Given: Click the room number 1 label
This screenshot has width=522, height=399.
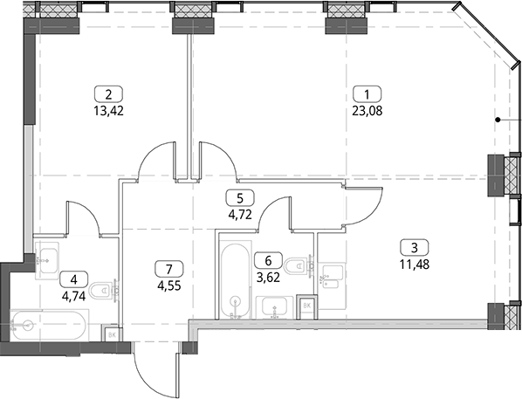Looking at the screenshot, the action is point(367,94).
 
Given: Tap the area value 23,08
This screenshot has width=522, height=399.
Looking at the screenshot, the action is point(367,110).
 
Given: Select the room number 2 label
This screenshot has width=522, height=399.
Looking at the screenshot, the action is point(108,94).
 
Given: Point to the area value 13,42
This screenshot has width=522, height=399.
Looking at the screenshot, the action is point(108,110).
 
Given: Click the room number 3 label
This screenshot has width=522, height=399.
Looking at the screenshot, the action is point(415,248).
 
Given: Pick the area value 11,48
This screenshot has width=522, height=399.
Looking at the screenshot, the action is point(415,265).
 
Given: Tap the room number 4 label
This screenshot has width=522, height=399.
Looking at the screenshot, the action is point(74,279).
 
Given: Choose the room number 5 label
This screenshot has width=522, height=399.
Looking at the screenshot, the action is point(240,198).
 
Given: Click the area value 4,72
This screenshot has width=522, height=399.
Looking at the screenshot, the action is point(240,214).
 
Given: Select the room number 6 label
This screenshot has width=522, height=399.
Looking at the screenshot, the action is point(268,260).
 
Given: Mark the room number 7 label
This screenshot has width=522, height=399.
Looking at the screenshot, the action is point(169,268).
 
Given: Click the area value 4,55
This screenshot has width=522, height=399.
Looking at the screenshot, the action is point(169,285).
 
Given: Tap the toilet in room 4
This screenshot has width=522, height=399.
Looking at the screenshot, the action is point(105,291).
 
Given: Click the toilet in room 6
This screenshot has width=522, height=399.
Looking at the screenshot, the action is point(299,265).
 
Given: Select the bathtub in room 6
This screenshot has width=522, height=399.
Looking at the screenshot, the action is point(235,281).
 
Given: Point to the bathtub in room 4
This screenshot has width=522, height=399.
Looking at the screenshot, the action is point(49,325).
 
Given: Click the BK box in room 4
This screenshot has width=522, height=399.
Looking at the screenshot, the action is point(112,334).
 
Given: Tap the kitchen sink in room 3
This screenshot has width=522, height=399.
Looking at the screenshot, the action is point(331,277).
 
